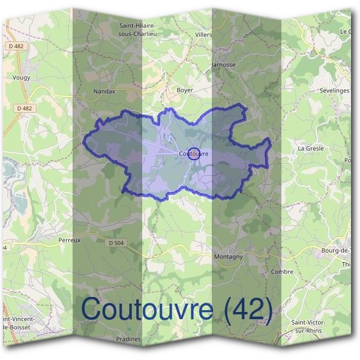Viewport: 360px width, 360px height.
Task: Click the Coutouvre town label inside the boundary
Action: (193, 154)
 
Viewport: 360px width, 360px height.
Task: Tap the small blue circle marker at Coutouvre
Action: (194, 153)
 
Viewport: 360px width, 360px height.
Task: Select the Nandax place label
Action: (104, 92)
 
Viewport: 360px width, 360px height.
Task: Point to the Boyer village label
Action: (184, 90)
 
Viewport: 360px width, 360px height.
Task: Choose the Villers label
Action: (204, 35)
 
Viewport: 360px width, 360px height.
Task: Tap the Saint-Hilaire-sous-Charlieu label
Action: (139, 29)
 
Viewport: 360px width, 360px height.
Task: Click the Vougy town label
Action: (21, 77)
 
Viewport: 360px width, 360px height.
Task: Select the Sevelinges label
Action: (335, 90)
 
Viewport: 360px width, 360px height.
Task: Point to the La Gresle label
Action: (311, 148)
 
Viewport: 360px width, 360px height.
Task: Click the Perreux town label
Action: (70, 239)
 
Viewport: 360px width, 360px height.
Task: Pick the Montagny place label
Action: (228, 256)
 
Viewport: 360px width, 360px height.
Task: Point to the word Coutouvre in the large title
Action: (147, 309)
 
